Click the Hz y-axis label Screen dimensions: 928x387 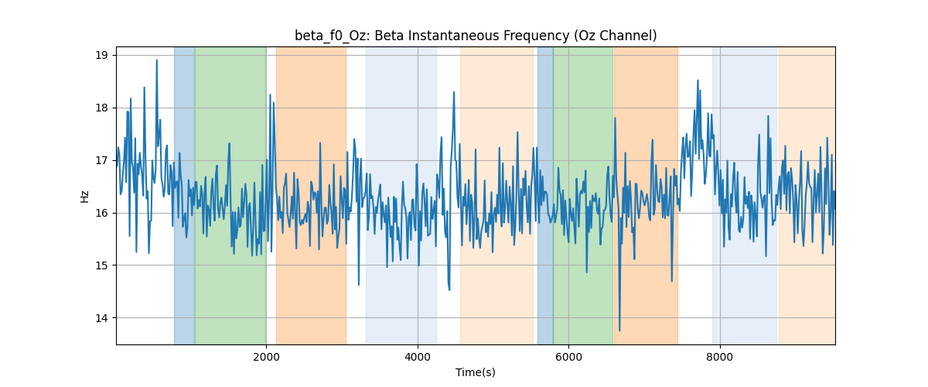click(x=84, y=196)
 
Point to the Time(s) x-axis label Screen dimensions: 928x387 click(x=475, y=372)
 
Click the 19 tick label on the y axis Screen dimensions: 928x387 click(x=101, y=56)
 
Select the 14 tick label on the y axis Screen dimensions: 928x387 click(x=101, y=318)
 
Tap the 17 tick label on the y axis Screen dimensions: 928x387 click(x=101, y=160)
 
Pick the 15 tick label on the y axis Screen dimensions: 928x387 click(x=101, y=265)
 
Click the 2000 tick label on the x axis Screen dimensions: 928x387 click(x=266, y=357)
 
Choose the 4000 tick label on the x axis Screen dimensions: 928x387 click(x=418, y=357)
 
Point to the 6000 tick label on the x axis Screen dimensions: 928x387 click(x=569, y=357)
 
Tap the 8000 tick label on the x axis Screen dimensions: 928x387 click(x=720, y=357)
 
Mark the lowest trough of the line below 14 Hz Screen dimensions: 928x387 click(x=619, y=330)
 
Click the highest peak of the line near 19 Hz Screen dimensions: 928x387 click(x=156, y=60)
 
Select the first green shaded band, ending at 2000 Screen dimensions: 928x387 click(x=230, y=195)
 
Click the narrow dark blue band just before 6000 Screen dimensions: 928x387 click(x=545, y=195)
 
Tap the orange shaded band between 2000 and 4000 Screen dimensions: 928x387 click(x=311, y=195)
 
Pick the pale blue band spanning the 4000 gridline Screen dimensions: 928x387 click(x=401, y=195)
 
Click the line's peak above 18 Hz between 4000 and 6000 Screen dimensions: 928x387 click(x=454, y=92)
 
